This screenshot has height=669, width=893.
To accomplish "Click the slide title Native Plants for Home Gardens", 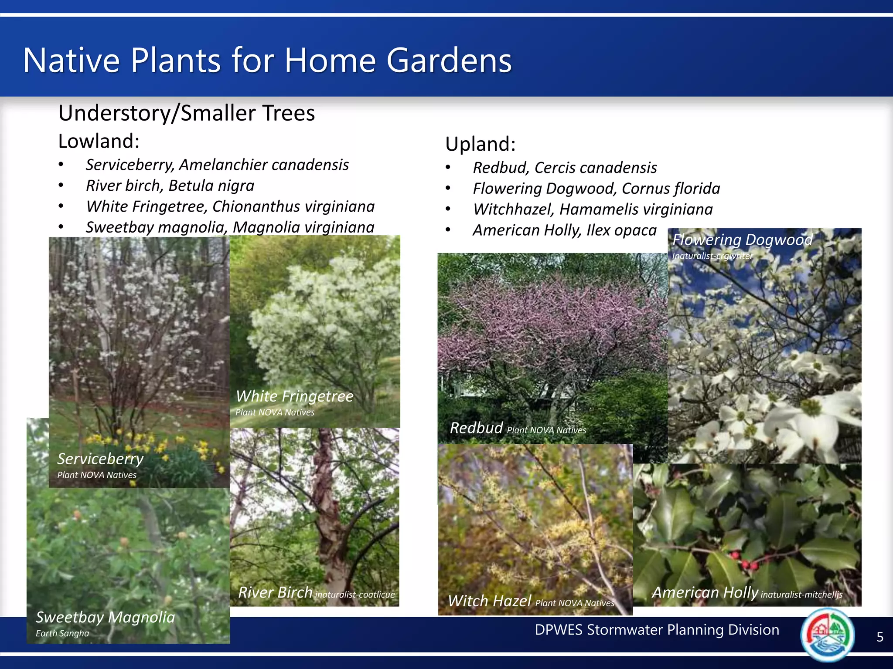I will coord(267,60).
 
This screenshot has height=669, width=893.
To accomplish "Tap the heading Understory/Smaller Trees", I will coord(187,113).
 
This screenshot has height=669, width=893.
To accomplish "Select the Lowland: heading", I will coord(99,141).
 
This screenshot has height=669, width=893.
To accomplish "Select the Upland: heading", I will coord(481,144).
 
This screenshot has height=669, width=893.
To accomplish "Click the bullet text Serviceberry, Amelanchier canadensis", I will coord(217,165).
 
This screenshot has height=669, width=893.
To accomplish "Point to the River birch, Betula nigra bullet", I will coord(170,186).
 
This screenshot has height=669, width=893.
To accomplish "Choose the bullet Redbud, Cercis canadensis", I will coord(565,168).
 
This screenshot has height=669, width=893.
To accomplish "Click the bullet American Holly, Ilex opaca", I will coord(564,230).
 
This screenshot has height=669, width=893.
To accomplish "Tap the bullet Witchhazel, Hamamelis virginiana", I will coord(593,209).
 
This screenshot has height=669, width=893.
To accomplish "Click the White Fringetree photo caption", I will coord(294,396).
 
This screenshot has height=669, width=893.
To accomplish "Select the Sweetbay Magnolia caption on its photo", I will coord(105,617).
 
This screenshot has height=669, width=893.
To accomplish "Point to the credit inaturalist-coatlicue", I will coord(355,595).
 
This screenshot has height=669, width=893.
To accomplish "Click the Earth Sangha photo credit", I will coord(62,633).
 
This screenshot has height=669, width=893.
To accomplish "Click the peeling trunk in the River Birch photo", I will coord(328,501).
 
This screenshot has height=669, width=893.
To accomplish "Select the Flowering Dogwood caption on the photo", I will coord(742,240).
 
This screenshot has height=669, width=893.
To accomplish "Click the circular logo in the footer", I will coord(827,634).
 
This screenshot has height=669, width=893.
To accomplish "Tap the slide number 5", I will coord(879,637).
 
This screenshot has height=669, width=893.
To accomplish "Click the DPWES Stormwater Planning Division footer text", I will coord(657,630).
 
